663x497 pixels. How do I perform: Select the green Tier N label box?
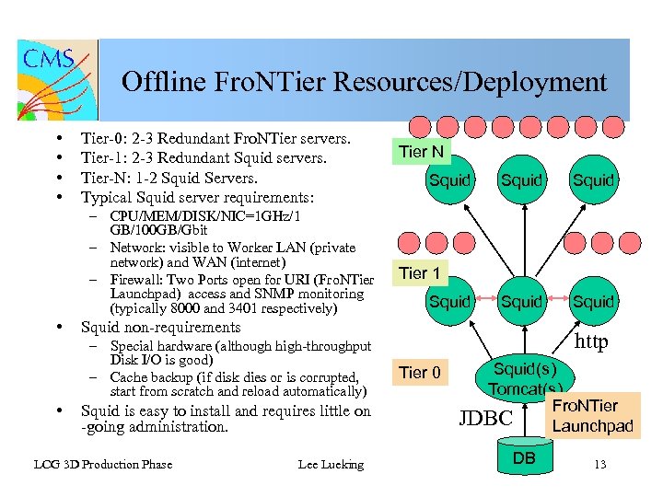[421, 152]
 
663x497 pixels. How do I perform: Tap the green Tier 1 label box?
[419, 273]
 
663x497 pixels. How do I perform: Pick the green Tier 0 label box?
[419, 373]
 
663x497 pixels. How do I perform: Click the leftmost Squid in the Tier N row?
[450, 180]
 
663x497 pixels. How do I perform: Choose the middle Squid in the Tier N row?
[522, 180]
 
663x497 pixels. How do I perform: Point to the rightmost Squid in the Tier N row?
[593, 180]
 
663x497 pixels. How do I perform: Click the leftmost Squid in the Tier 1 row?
[450, 302]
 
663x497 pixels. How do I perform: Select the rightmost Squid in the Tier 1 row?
[593, 302]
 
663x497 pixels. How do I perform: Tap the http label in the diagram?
[590, 343]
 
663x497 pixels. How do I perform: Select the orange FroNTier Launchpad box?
[592, 415]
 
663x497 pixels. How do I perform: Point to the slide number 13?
[600, 465]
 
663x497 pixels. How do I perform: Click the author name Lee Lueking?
[331, 465]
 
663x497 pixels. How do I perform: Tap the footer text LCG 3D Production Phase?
[102, 465]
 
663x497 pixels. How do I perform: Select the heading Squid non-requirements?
[160, 328]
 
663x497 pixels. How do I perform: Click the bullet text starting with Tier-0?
[215, 140]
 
